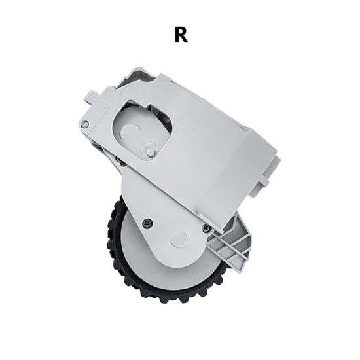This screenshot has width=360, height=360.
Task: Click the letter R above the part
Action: click(x=181, y=35)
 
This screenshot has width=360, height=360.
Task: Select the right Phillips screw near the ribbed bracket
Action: click(x=206, y=227)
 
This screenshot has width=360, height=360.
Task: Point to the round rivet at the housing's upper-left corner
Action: click(x=84, y=124)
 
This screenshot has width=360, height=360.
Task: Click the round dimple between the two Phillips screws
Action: click(x=179, y=239)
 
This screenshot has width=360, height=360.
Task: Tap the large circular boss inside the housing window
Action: click(x=130, y=132)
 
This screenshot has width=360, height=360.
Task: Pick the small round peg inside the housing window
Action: click(x=151, y=151)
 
